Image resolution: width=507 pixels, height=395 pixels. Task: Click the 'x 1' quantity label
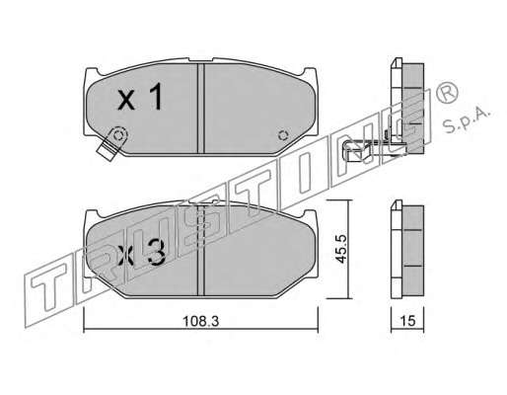coord(140,97)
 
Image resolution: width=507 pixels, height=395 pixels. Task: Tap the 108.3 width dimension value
coord(200,321)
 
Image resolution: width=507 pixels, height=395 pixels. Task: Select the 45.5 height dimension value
coord(342,249)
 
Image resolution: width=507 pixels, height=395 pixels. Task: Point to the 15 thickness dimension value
coord(407,321)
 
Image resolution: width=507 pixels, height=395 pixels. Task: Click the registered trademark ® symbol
coord(447,92)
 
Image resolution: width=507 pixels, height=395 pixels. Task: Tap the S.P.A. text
coord(467,119)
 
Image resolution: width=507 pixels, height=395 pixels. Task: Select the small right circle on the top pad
coord(282,135)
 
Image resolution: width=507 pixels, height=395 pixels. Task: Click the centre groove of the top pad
coord(201,109)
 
